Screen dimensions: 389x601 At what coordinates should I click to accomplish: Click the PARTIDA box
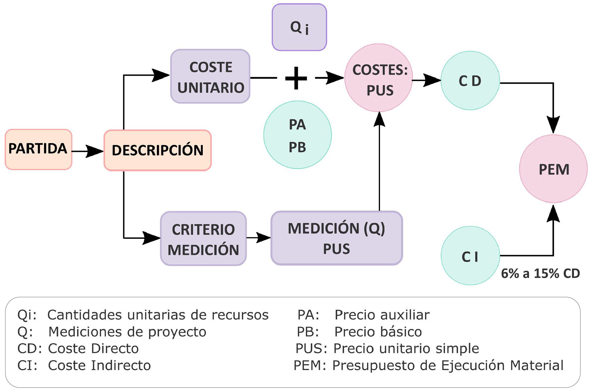[38, 149]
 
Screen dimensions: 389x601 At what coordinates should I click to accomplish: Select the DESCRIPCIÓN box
[158, 150]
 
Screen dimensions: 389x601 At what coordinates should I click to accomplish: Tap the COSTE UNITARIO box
[210, 76]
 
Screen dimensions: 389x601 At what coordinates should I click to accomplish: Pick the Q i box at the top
[299, 27]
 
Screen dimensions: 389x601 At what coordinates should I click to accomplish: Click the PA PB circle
[297, 135]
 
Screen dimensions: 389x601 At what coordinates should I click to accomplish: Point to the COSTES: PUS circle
[379, 78]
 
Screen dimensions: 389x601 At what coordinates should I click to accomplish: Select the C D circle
[470, 81]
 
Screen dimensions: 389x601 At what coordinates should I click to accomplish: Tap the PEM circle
[553, 169]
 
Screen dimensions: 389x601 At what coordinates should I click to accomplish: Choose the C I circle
[470, 256]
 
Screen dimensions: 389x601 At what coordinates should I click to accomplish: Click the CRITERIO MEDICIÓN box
[203, 239]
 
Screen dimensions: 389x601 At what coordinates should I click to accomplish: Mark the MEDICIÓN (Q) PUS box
[336, 238]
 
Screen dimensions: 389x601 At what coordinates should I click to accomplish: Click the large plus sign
[296, 78]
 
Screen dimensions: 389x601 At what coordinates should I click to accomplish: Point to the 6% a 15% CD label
[540, 274]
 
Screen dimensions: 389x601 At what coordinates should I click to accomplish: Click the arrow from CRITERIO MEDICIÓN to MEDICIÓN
[258, 238]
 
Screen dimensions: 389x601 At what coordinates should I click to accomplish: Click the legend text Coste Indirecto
[99, 365]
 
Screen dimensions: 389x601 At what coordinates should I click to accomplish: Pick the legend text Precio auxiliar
[382, 315]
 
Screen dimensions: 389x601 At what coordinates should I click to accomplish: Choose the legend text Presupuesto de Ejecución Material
[448, 365]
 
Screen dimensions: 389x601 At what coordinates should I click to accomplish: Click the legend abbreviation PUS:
[311, 348]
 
